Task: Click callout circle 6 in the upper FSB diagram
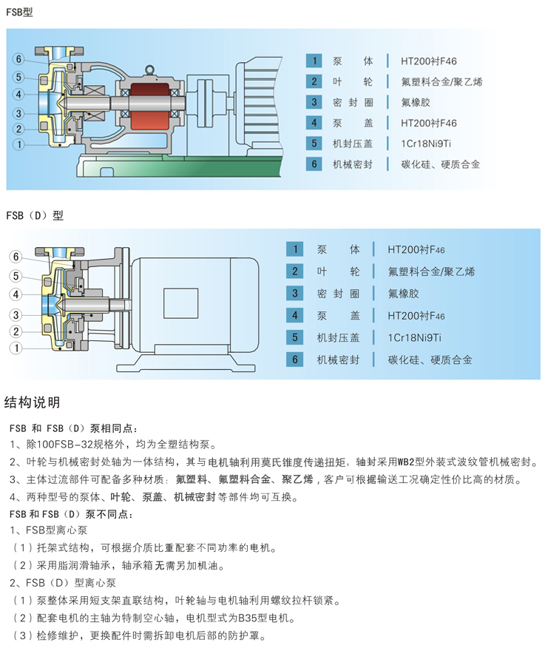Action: [x=18, y=59]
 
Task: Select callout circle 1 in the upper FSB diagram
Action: [x=18, y=144]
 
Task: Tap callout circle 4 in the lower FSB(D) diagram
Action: [x=15, y=294]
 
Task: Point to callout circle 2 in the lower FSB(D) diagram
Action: [x=15, y=331]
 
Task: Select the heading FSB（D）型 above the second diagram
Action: [x=35, y=215]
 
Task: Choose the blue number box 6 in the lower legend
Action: [x=295, y=360]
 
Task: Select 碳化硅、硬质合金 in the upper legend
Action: [x=441, y=164]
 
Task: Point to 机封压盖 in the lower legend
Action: [x=338, y=338]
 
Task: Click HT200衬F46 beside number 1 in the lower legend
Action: [x=417, y=249]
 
